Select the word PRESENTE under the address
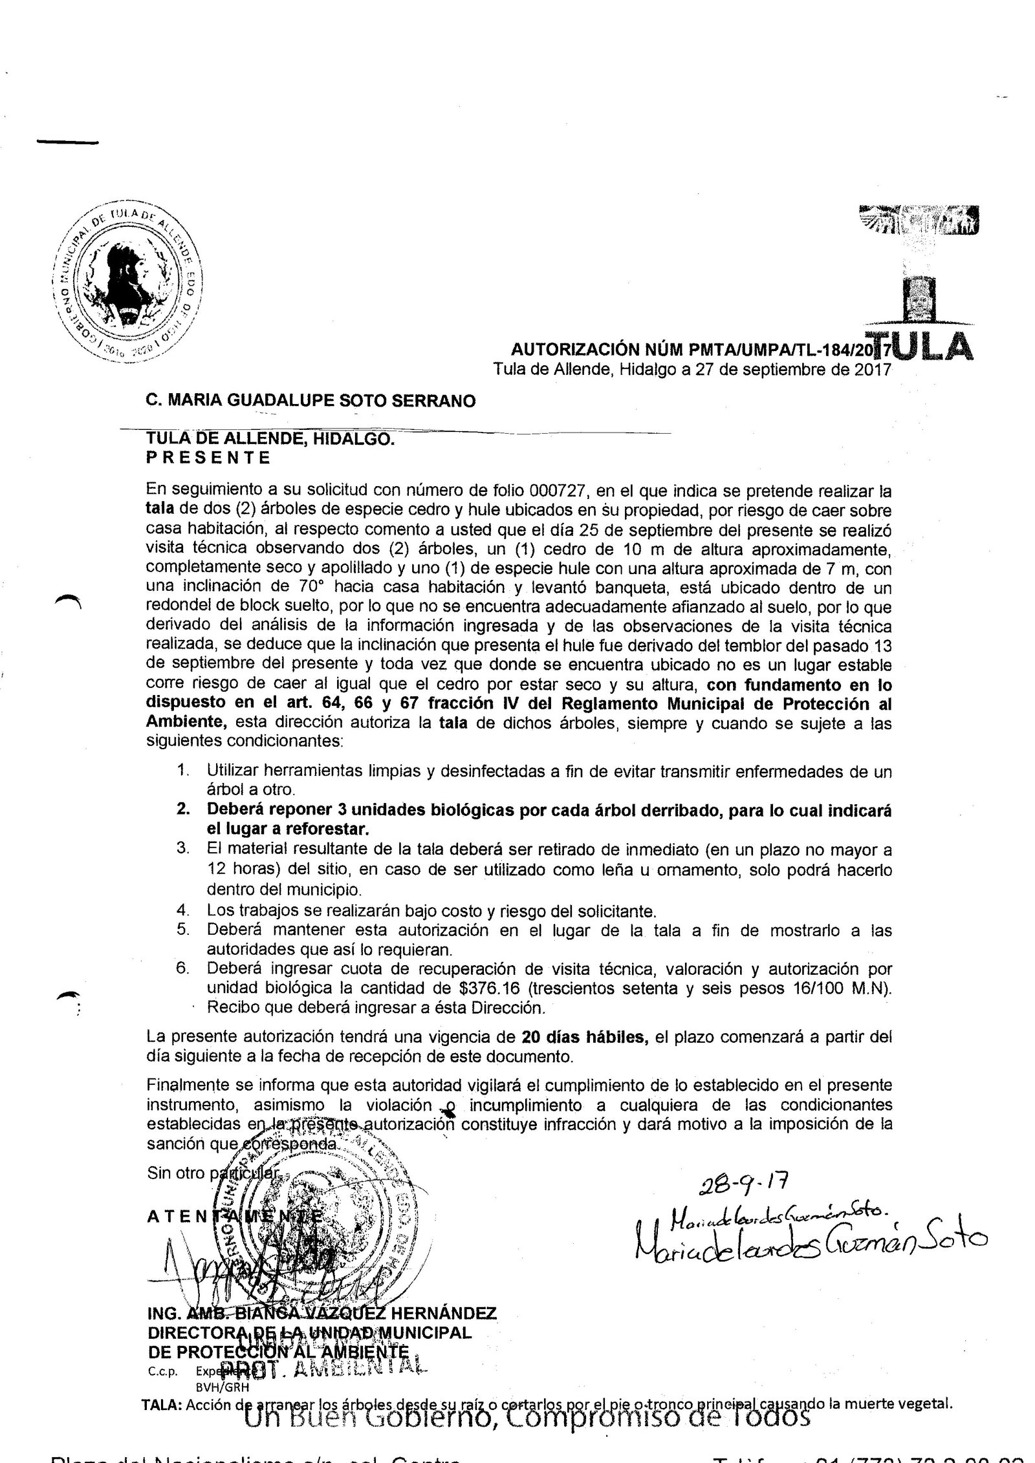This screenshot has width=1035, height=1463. coord(209,458)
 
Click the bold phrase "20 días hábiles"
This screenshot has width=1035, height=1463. coord(583,1038)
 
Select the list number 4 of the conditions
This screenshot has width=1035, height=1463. coord(182,911)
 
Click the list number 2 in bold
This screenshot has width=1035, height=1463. coord(182,810)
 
